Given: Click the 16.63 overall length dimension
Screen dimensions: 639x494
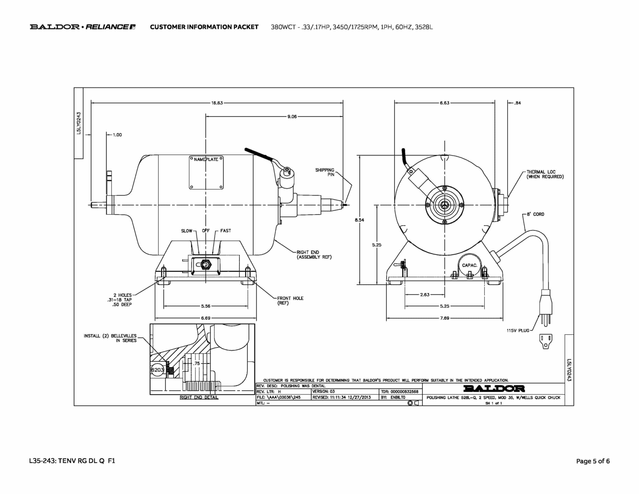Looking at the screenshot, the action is [x=217, y=103].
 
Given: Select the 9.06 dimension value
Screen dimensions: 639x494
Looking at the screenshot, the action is [x=292, y=116].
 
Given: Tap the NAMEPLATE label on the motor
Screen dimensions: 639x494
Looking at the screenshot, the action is [x=206, y=160].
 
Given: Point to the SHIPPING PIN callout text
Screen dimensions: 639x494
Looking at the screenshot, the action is [x=325, y=172].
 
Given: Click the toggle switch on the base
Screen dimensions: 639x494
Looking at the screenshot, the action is [x=205, y=265].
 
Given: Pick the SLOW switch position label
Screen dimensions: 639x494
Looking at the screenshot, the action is [x=187, y=231].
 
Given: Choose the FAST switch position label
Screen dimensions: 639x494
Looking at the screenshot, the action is [x=226, y=231].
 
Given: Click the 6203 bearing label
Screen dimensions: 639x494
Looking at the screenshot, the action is [x=157, y=370].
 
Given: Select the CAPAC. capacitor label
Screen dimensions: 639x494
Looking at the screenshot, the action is [x=470, y=265].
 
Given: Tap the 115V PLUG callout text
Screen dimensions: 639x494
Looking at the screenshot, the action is [x=518, y=330].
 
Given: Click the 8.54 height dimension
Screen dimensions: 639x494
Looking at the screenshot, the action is [x=359, y=220].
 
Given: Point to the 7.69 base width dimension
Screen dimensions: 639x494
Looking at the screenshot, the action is [x=445, y=318].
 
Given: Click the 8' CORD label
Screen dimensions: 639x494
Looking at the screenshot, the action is [x=535, y=214].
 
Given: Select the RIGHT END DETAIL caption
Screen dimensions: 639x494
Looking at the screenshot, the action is [x=199, y=398].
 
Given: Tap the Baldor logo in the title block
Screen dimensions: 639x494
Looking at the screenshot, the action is [x=494, y=389].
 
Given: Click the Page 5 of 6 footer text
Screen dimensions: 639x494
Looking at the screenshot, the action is [x=593, y=461].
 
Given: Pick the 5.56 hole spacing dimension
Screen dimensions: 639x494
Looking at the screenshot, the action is [x=206, y=306].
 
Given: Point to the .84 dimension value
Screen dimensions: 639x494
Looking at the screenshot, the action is [x=517, y=103].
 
